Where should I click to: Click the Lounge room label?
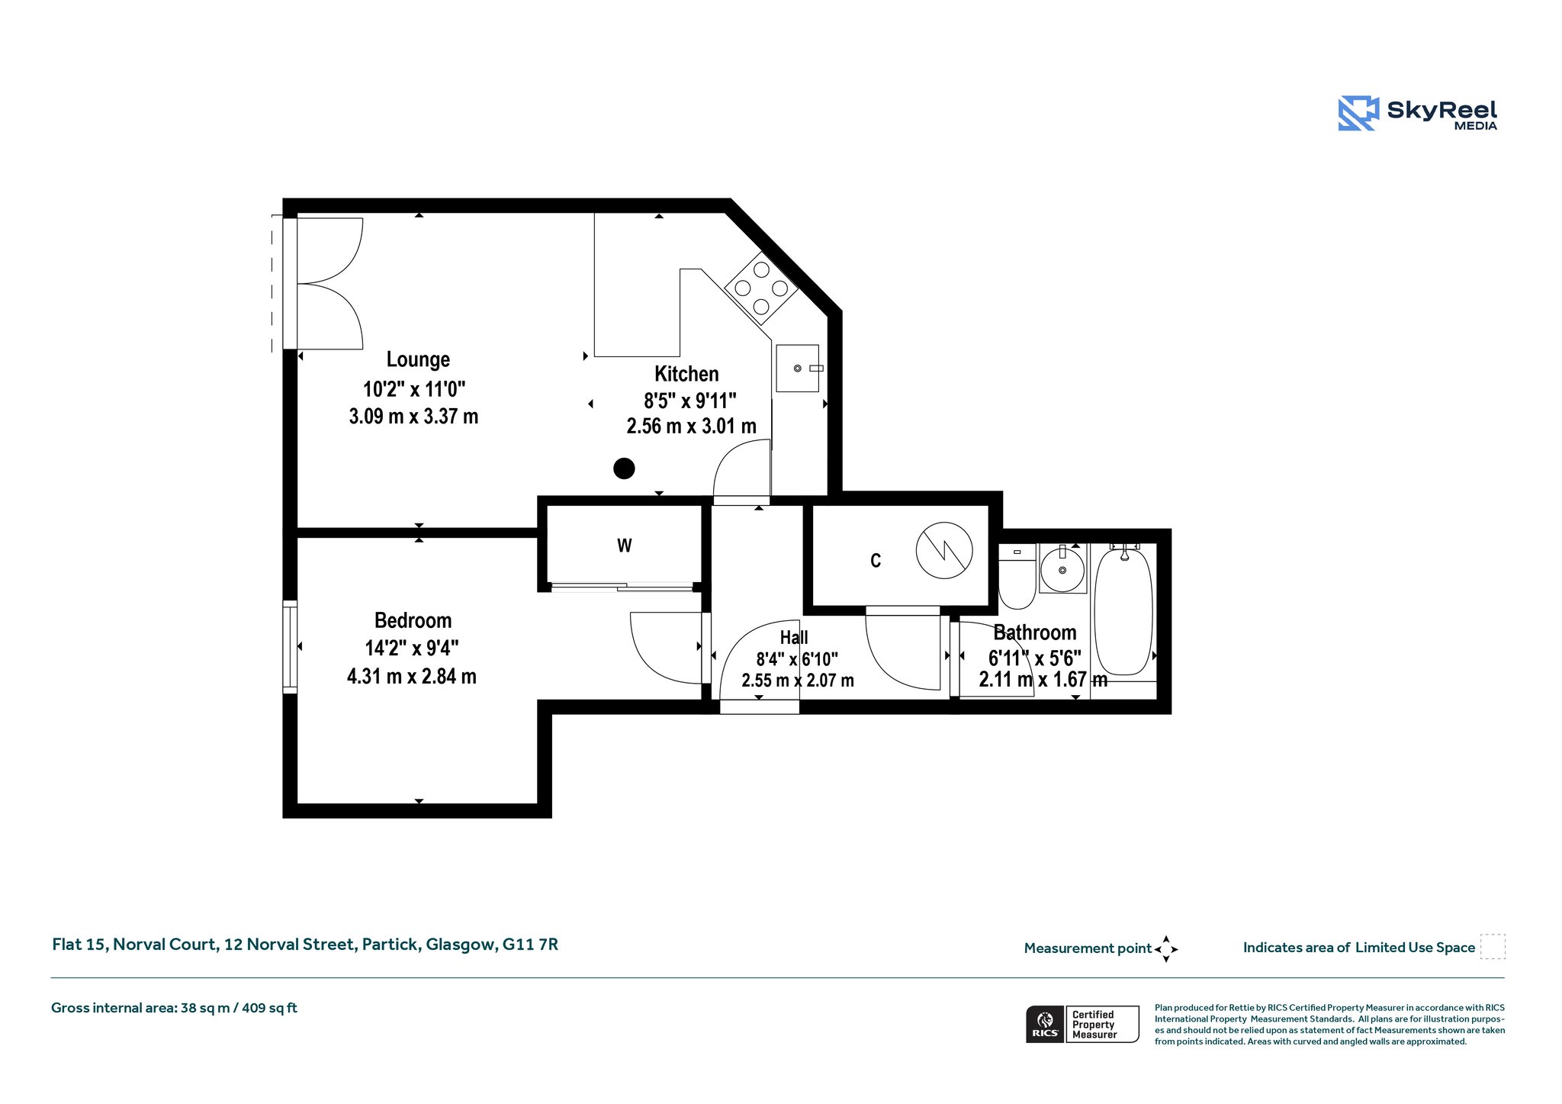point(418,359)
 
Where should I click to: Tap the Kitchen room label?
point(686,374)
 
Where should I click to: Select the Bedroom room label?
point(413,620)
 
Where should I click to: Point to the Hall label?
point(794,637)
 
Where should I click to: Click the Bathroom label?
point(1035,632)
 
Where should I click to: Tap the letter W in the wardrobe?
point(625,546)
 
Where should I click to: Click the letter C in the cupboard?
point(876,561)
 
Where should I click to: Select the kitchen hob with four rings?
point(761,288)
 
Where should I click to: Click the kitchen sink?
point(798,369)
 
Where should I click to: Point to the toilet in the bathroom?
point(1017,576)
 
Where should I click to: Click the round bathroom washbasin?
point(1062,569)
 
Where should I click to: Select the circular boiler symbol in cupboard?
point(944,550)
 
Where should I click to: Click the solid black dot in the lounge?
point(624,468)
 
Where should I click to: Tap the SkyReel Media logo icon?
point(1358,113)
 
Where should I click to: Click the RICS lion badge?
point(1045,1024)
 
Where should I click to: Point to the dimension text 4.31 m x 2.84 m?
point(412,677)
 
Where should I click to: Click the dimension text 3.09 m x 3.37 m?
point(413,417)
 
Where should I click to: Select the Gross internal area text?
point(174,1008)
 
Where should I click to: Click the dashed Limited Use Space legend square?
point(1493,947)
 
